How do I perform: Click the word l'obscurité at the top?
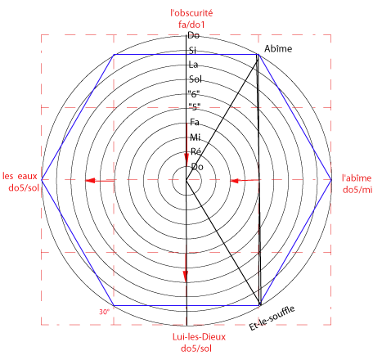191,13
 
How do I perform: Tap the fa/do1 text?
191,25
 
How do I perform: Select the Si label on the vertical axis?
192,50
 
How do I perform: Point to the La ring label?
193,65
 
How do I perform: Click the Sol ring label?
195,79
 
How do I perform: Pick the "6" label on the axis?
194,94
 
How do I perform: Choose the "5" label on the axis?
195,107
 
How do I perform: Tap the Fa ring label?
195,122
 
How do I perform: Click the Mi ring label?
195,137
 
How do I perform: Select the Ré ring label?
196,151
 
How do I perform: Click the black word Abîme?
278,48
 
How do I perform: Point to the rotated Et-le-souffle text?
272,318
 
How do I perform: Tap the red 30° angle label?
104,312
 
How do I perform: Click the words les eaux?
20,176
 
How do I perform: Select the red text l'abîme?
357,178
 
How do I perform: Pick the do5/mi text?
357,190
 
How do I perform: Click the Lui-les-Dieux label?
199,337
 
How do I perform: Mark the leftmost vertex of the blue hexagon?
42,179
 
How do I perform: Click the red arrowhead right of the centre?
235,181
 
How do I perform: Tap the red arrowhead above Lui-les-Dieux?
186,277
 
